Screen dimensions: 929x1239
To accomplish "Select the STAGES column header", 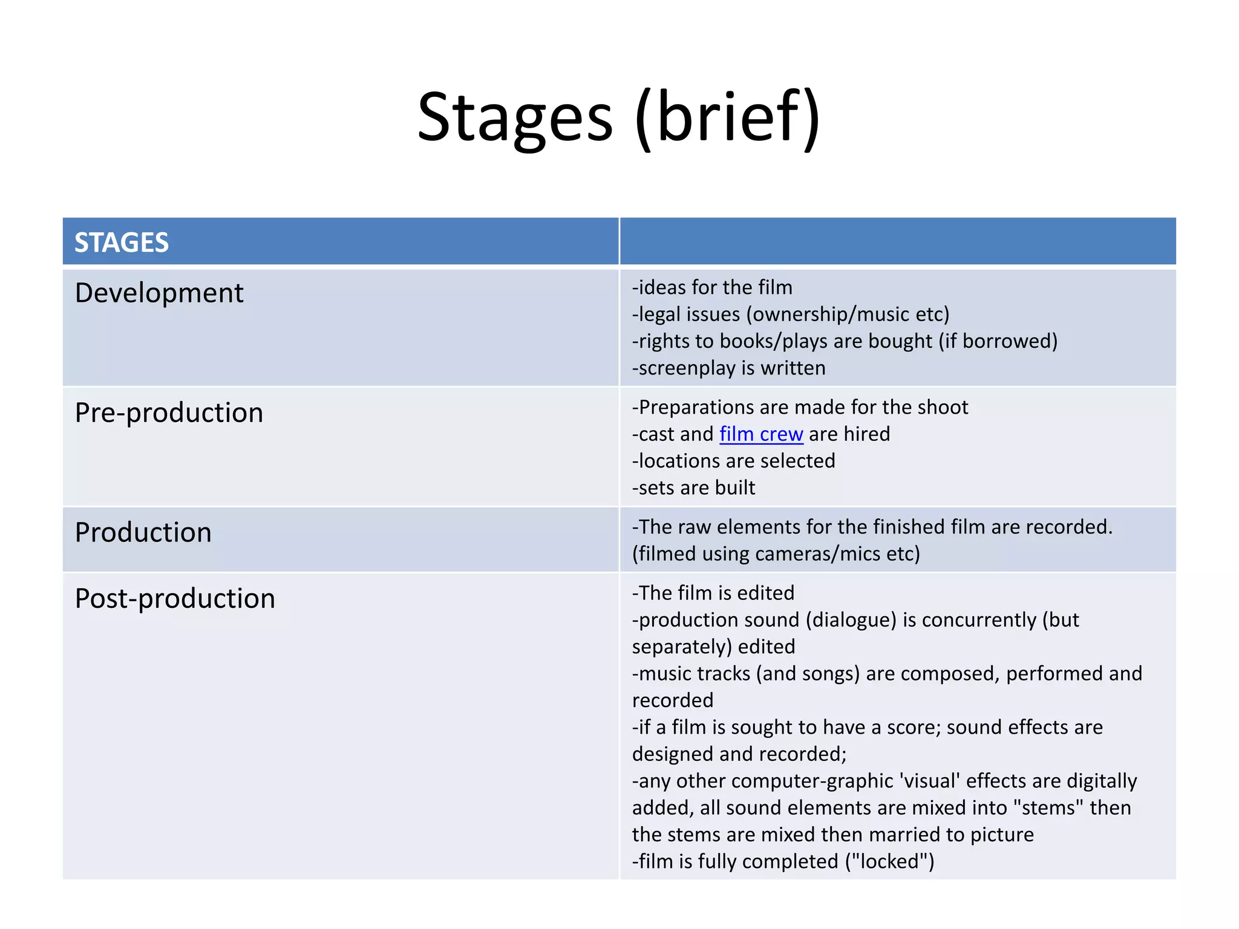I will tap(122, 243).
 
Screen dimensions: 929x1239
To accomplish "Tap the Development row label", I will tap(159, 293).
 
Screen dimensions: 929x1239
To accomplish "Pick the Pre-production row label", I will tap(169, 413).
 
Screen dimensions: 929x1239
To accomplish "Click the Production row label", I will tap(143, 533).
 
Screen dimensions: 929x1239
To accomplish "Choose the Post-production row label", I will tap(175, 599).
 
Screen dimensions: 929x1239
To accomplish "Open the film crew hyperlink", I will tap(761, 434).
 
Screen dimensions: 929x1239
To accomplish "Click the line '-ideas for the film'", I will tap(712, 287).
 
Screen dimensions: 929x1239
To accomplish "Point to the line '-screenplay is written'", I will tap(729, 368).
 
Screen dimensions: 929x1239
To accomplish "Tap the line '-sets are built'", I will tap(694, 488).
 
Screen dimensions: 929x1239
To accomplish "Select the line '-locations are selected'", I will tap(734, 461).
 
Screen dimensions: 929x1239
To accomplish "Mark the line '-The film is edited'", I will tap(713, 593).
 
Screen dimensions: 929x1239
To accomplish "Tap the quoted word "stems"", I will tap(1048, 808).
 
